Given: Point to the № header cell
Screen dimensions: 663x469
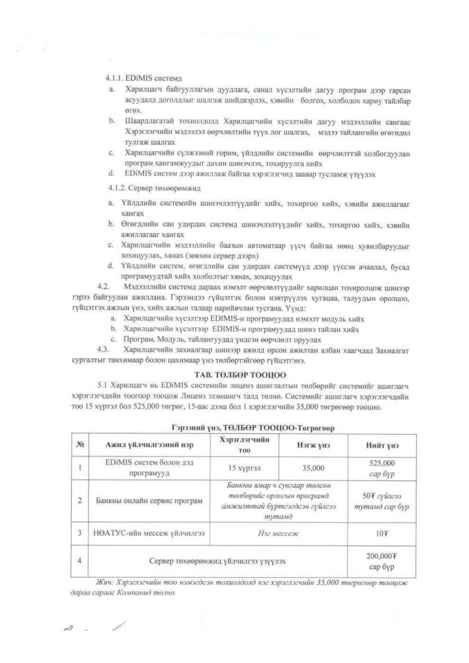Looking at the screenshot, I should [x=80, y=445].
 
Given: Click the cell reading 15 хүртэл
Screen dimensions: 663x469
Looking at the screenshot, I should [x=244, y=468].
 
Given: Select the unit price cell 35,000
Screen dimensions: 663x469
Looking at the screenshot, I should [x=314, y=468].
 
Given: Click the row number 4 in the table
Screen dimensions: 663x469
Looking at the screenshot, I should [x=80, y=561].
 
